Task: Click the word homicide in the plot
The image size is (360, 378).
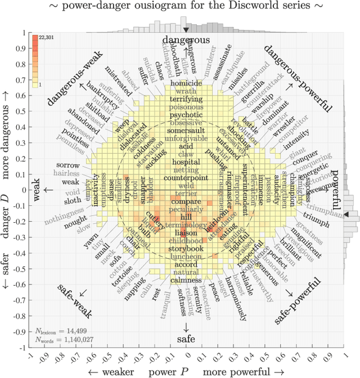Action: click(186, 83)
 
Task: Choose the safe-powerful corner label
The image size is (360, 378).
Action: click(298, 301)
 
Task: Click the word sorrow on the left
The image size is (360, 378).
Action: click(68, 165)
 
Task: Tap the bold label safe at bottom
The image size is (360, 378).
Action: click(186, 339)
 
